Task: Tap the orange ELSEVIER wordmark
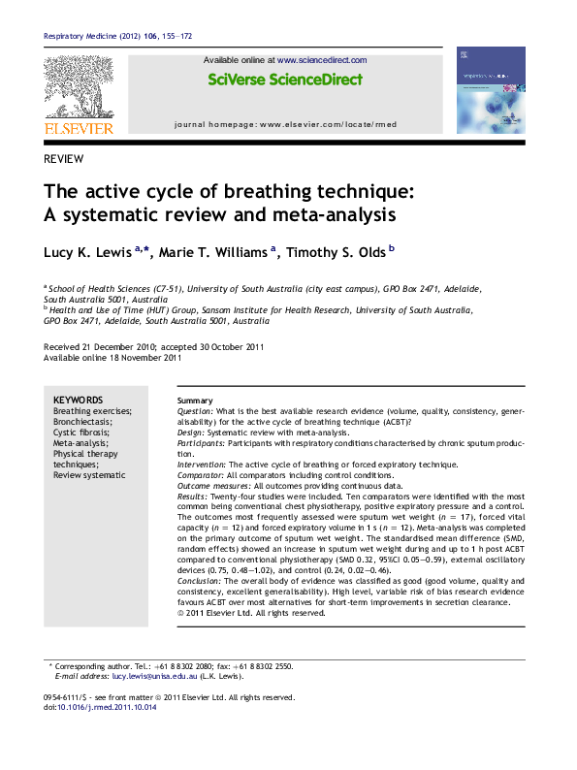(x=78, y=128)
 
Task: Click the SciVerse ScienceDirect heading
(x=285, y=80)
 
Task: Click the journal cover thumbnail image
(x=490, y=89)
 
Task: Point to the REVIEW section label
(x=63, y=159)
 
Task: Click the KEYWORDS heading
(x=78, y=400)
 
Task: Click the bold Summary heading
(x=195, y=401)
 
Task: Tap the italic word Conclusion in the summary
(x=199, y=581)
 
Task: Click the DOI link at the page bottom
(x=107, y=707)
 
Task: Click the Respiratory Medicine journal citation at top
(x=117, y=36)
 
